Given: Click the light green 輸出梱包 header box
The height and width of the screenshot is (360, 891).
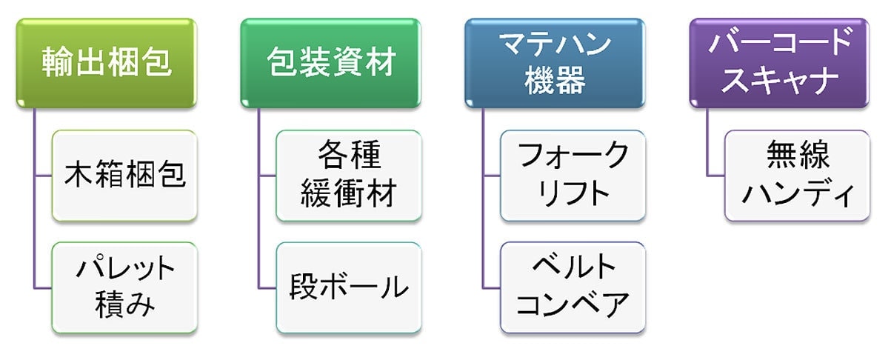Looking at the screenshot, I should tap(107, 63).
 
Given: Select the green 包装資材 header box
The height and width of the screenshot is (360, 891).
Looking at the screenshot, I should tap(330, 63).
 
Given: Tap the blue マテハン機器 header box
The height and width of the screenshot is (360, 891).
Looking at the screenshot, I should tap(555, 63).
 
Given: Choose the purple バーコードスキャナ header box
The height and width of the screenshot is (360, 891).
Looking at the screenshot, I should tap(778, 63).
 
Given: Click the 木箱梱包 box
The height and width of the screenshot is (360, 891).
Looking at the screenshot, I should tap(124, 176).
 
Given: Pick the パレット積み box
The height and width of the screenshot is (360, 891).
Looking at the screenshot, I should tap(124, 287).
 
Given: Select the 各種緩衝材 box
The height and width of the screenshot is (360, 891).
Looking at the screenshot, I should tap(349, 176).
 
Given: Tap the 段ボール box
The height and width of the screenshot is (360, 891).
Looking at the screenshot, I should tap(349, 287).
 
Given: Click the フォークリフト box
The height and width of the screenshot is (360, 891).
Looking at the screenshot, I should tap(573, 176).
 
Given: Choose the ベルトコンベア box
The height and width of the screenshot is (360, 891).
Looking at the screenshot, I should tap(573, 287).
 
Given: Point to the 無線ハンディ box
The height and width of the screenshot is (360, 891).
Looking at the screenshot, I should tap(797, 176).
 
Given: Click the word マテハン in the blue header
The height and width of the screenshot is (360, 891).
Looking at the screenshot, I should tap(555, 46).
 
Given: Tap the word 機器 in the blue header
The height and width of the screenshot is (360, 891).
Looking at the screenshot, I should tap(555, 81).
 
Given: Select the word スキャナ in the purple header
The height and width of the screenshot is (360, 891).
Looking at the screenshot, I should tap(778, 81).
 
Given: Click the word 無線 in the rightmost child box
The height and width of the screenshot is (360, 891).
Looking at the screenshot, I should tap(798, 158).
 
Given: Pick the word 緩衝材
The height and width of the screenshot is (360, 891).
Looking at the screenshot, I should tap(349, 194).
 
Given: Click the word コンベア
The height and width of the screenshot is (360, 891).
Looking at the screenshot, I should tap(573, 305).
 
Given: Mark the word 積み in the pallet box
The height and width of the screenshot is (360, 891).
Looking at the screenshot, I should tap(124, 305).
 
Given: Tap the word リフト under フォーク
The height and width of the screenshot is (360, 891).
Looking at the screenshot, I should tap(573, 194).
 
